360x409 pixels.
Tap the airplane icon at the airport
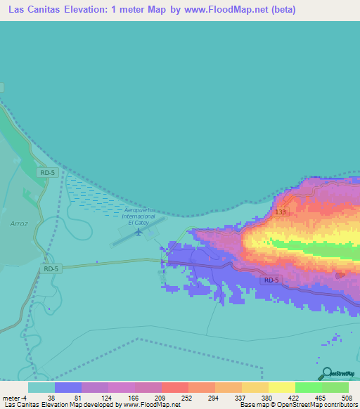(x=139, y=231)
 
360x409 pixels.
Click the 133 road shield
(x=281, y=212)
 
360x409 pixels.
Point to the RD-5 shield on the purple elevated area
(x=272, y=280)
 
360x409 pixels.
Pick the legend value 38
(x=70, y=397)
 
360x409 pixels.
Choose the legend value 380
(x=279, y=397)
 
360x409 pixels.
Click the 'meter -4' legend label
(x=15, y=397)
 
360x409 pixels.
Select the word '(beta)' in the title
(x=281, y=10)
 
